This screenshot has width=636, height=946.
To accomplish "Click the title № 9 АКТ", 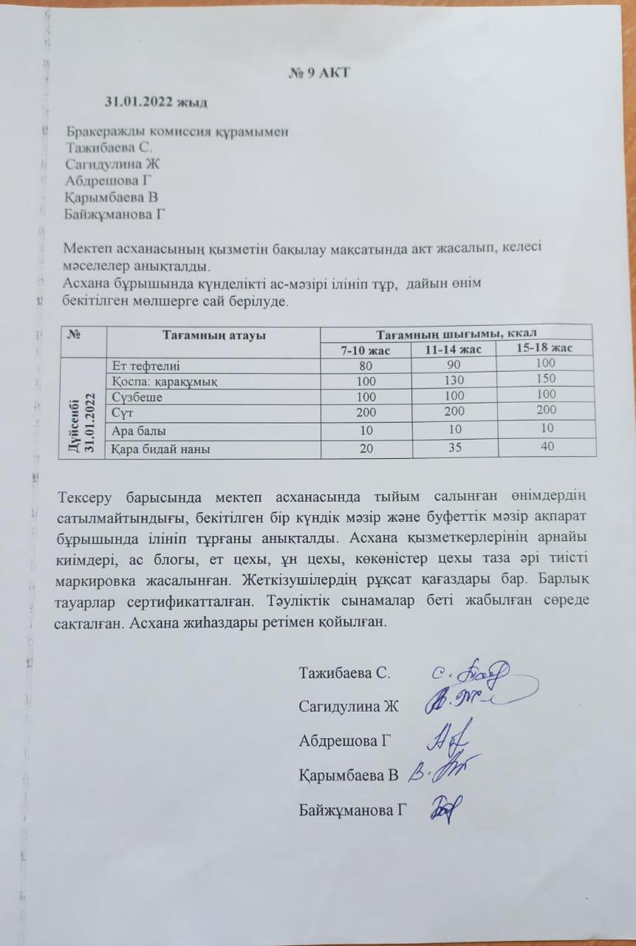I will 318,73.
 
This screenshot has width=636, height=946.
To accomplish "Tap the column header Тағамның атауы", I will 213,335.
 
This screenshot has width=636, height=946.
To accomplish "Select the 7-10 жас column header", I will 364,350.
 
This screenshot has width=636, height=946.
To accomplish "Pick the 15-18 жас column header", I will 544,347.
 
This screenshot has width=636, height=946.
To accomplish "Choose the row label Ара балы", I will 139,430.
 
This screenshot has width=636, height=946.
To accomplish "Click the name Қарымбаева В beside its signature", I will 349,775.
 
